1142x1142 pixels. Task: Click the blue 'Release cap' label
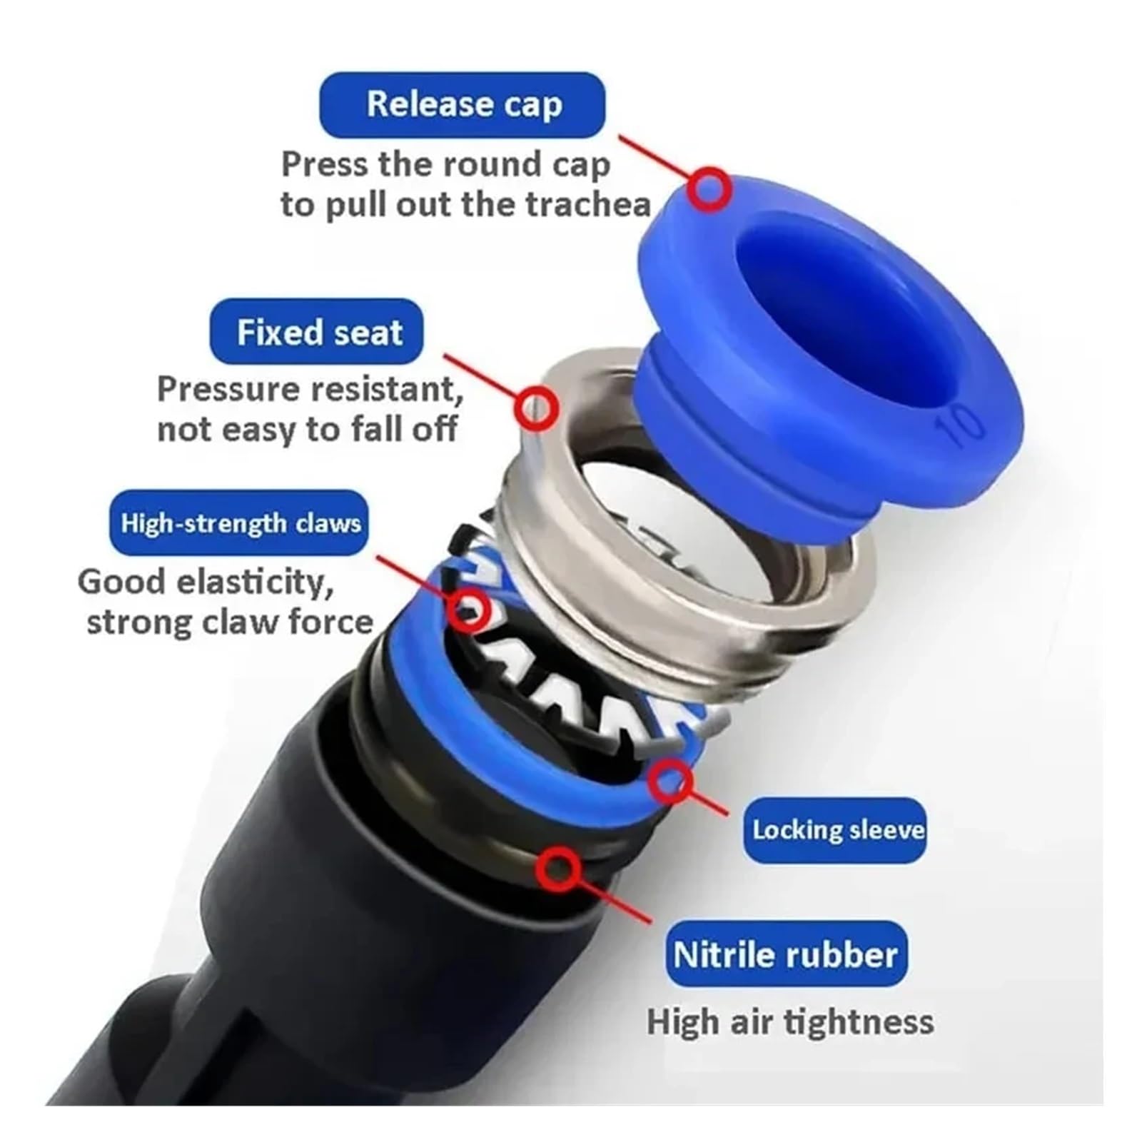pyautogui.click(x=462, y=105)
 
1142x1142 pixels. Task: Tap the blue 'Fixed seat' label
pyautogui.click(x=316, y=333)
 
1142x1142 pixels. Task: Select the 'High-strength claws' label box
pyautogui.click(x=239, y=523)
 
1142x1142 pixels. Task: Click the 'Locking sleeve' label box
pyautogui.click(x=835, y=830)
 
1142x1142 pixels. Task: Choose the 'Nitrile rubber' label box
pyautogui.click(x=785, y=954)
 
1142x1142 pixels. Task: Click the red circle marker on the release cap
pyautogui.click(x=709, y=190)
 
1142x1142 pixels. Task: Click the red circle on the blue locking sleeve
pyautogui.click(x=670, y=780)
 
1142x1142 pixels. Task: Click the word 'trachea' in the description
pyautogui.click(x=588, y=205)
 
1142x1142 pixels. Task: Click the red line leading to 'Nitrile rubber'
pyautogui.click(x=614, y=896)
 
